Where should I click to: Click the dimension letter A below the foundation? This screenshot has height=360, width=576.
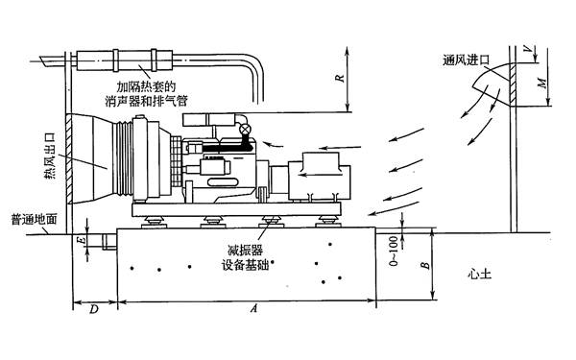(253, 309)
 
